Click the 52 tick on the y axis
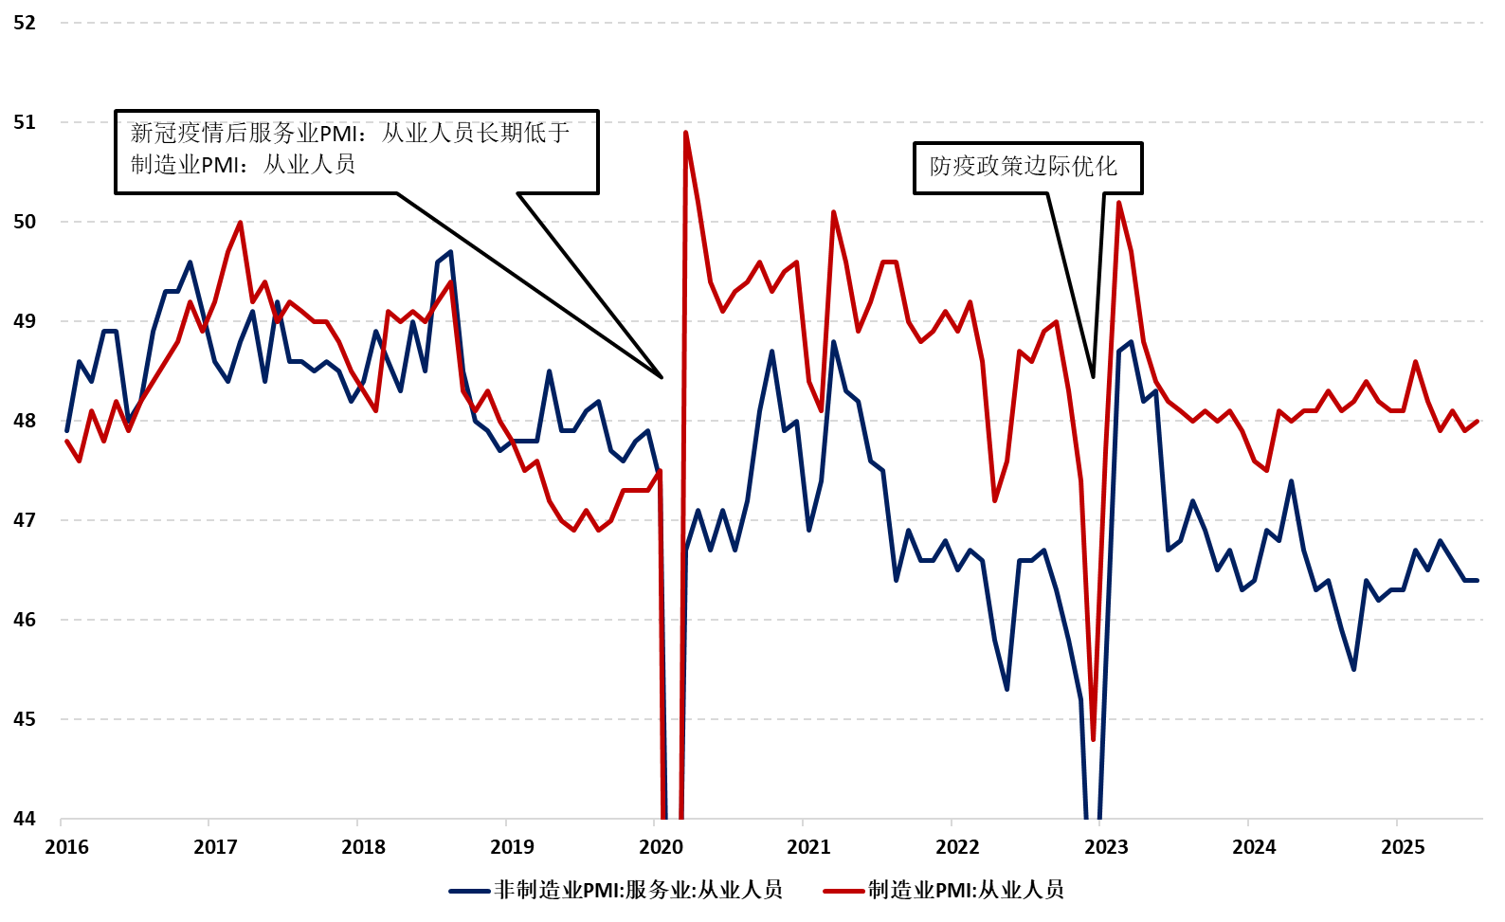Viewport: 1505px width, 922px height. coord(24,23)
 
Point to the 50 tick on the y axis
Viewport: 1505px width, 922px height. coord(24,222)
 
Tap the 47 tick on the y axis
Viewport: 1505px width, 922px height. coord(24,520)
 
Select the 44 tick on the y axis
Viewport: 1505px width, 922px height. coord(24,819)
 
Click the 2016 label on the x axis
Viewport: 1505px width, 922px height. coord(66,847)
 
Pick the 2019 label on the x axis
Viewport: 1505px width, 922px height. coord(512,847)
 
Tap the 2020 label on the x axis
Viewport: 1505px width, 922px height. coord(661,847)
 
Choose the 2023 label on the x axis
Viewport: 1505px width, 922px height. coord(1106,847)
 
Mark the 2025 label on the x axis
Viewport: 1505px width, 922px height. coord(1403,847)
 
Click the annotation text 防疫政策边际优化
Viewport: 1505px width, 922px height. coord(1024,167)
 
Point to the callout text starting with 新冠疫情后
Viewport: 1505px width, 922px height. coord(351,149)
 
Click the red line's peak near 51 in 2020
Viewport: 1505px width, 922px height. coord(685,133)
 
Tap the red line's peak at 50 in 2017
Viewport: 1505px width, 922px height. coord(240,223)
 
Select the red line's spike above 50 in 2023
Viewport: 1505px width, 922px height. coord(1118,202)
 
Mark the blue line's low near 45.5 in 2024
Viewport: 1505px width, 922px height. coord(1353,669)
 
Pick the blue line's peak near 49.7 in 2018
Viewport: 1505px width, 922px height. coord(450,252)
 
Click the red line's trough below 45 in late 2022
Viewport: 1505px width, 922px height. coord(1094,739)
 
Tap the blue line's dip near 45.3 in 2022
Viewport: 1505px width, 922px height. coord(1006,689)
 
